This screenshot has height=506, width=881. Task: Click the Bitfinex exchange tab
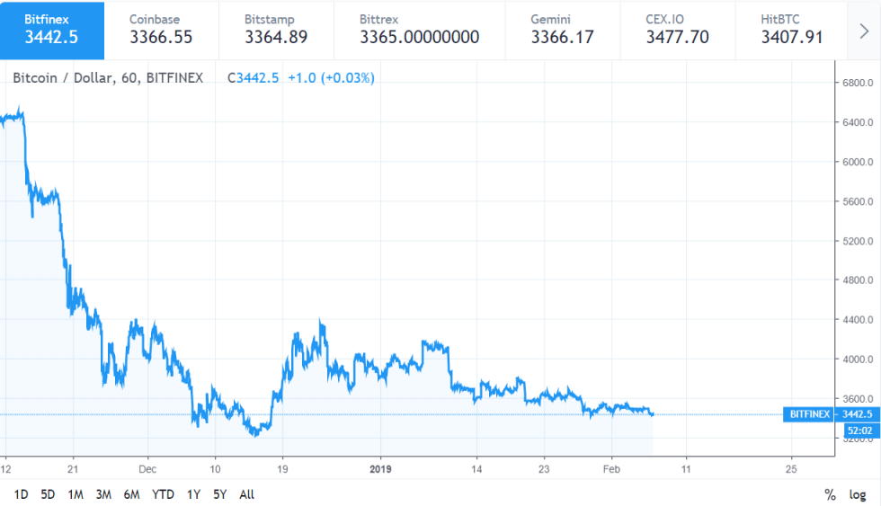[52, 29]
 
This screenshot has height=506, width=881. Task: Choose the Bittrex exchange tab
[419, 29]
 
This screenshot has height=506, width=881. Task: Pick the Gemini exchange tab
[563, 29]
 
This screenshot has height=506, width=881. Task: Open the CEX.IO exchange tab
[677, 29]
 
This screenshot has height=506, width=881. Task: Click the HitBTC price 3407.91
[792, 37]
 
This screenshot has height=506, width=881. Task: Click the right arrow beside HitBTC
[864, 31]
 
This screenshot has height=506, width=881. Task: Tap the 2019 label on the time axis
[381, 468]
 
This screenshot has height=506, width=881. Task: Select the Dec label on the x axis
[148, 468]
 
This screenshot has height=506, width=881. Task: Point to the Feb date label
[611, 468]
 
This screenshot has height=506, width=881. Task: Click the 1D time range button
[22, 494]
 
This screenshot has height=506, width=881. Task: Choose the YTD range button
[163, 494]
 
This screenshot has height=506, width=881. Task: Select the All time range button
[247, 494]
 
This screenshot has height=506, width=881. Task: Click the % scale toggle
[830, 494]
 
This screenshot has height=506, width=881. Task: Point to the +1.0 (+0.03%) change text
[331, 78]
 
